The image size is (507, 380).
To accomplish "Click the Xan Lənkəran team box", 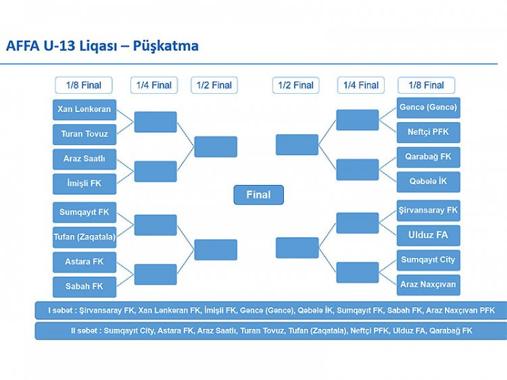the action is [84, 109].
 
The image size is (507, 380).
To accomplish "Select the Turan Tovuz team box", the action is [84, 134].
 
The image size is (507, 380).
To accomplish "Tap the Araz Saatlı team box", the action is [84, 159].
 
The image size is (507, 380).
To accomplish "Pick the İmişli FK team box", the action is [84, 184].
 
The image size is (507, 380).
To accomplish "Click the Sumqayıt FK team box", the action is [84, 213].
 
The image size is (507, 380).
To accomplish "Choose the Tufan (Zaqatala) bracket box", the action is [84, 238].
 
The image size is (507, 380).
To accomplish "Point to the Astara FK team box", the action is [84, 262].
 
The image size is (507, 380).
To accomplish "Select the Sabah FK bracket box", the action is [84, 287].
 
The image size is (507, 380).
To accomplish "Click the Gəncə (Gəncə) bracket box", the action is [429, 107].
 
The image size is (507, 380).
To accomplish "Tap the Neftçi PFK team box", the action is [429, 132].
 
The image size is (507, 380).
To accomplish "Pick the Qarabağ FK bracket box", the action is [429, 157].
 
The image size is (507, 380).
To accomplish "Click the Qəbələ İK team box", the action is [429, 182].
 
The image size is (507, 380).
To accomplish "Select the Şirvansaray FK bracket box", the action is [429, 211].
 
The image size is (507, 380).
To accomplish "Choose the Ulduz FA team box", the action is [429, 236].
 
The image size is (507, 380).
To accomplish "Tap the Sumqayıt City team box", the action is [429, 260].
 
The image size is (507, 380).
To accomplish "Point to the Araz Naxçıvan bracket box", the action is [429, 285].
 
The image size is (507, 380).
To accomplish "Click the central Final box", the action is [259, 194].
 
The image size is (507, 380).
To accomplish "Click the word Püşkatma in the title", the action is [166, 46].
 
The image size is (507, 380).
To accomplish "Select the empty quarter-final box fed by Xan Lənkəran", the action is [155, 122].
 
